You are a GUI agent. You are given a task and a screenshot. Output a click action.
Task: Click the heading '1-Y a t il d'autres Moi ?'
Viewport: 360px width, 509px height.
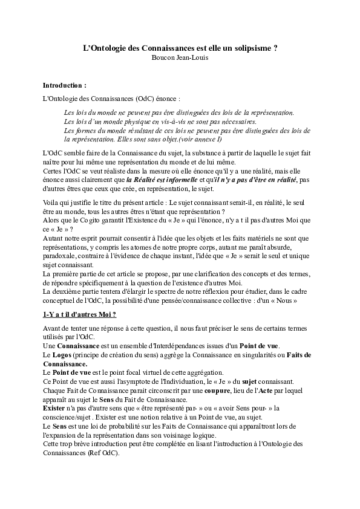click(80, 315)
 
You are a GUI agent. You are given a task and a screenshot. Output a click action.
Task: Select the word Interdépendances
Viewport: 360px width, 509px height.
click(165, 343)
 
